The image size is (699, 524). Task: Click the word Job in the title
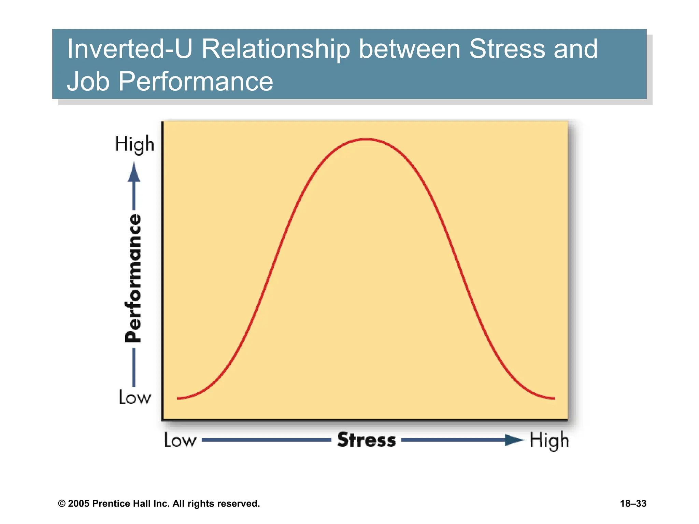tap(88, 82)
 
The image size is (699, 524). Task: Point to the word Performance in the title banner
tap(196, 82)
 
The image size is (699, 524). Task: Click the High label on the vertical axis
tap(134, 144)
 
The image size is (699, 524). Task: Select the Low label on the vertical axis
tap(134, 397)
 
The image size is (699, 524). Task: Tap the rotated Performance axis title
tap(133, 278)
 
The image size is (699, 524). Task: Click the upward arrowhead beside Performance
tap(134, 173)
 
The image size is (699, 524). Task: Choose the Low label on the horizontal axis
tap(180, 440)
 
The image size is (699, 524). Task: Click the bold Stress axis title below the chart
tap(366, 440)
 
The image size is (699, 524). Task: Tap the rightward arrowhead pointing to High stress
tap(515, 440)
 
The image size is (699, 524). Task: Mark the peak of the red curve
tap(366, 139)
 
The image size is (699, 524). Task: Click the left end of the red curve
tap(178, 398)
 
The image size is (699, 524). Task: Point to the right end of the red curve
tap(554, 398)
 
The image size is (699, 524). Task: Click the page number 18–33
tap(633, 504)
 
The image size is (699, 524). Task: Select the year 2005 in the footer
tap(79, 504)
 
